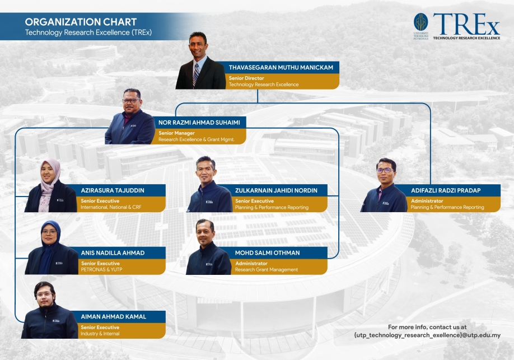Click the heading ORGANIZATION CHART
tap(81, 22)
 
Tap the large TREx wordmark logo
tap(466, 24)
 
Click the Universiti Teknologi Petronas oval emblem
tap(420, 22)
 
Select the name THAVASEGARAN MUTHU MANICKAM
tap(281, 68)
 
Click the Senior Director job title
tap(246, 78)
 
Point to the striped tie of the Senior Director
tap(196, 74)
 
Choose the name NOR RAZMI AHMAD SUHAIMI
tap(199, 123)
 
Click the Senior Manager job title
tap(177, 133)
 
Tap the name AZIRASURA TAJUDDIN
tap(113, 190)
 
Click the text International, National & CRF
tap(111, 207)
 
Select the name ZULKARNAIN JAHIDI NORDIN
tap(276, 190)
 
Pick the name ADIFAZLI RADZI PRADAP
tap(446, 190)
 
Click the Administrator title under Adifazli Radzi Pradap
tap(427, 201)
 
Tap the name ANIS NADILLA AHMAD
tap(113, 253)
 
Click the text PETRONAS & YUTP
tap(101, 269)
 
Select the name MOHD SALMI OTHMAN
tap(267, 253)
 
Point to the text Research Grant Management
tap(267, 269)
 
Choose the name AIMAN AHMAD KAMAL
tap(114, 317)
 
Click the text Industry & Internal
tap(100, 334)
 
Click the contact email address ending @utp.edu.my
tap(427, 335)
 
